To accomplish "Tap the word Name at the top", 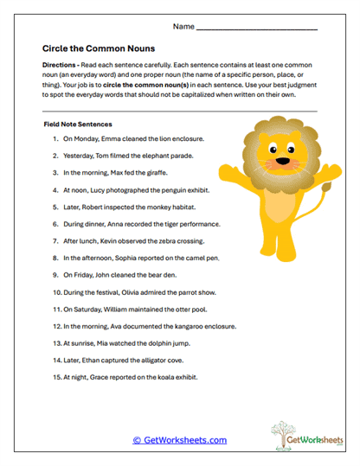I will (x=183, y=27).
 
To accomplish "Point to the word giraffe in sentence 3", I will (x=154, y=173).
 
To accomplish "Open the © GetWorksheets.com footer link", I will (x=179, y=440).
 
